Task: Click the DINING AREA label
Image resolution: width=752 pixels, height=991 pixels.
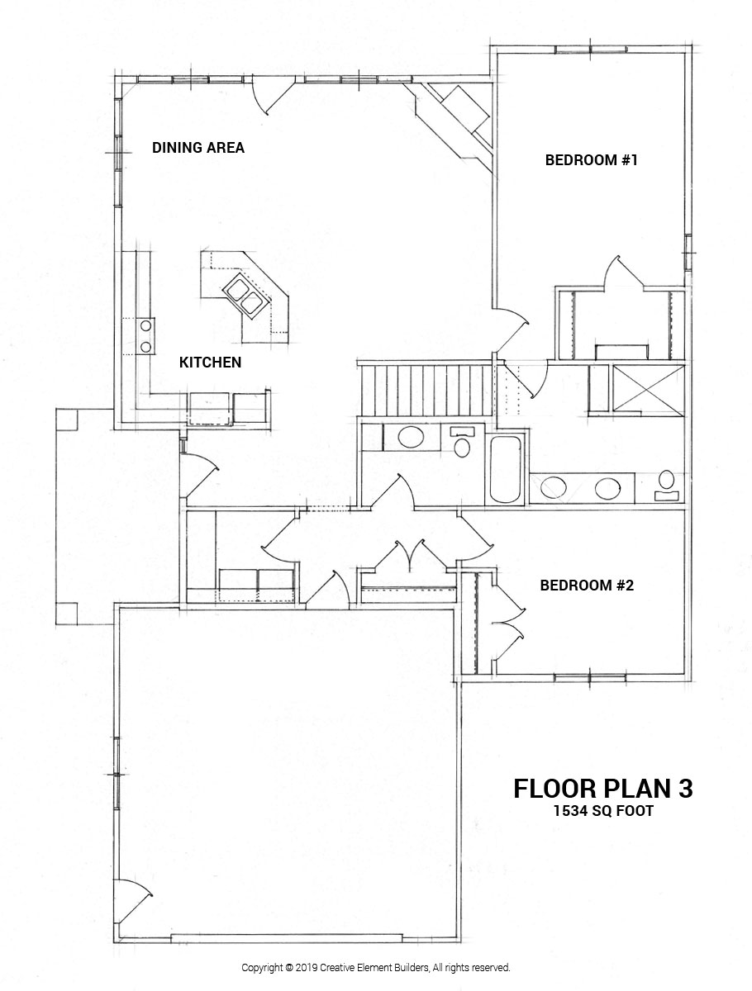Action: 198,148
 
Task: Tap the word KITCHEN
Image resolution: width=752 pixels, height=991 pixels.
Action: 211,362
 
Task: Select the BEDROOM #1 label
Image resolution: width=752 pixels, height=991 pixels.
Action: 591,160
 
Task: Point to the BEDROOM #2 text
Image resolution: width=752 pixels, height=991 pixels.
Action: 586,586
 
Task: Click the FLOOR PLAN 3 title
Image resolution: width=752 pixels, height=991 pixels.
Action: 602,788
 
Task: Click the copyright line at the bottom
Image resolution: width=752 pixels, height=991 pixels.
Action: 376,967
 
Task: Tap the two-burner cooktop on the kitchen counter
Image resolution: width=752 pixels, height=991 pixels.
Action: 145,334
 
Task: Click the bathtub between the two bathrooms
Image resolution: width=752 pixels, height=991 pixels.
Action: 506,470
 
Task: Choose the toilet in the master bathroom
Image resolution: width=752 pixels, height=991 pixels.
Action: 666,485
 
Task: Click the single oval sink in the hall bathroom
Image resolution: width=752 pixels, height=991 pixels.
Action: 407,437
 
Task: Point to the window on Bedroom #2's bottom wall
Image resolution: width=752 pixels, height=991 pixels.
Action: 578,677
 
